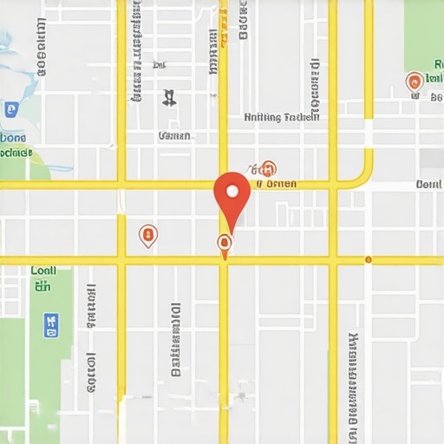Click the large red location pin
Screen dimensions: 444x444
232,196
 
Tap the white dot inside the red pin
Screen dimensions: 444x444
232,189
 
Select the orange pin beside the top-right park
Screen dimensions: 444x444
415,82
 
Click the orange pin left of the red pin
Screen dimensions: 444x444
148,234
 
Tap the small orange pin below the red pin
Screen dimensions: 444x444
225,243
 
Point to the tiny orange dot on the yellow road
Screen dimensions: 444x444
369,259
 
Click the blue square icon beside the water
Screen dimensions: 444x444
10,109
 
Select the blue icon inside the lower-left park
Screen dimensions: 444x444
51,325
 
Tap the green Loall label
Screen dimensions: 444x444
43,271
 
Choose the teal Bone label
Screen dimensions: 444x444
14,137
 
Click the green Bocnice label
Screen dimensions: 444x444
16,153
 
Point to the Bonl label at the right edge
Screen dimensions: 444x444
428,184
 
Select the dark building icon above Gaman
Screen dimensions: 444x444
169,97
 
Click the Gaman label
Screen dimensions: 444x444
174,135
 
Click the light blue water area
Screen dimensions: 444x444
17,61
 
